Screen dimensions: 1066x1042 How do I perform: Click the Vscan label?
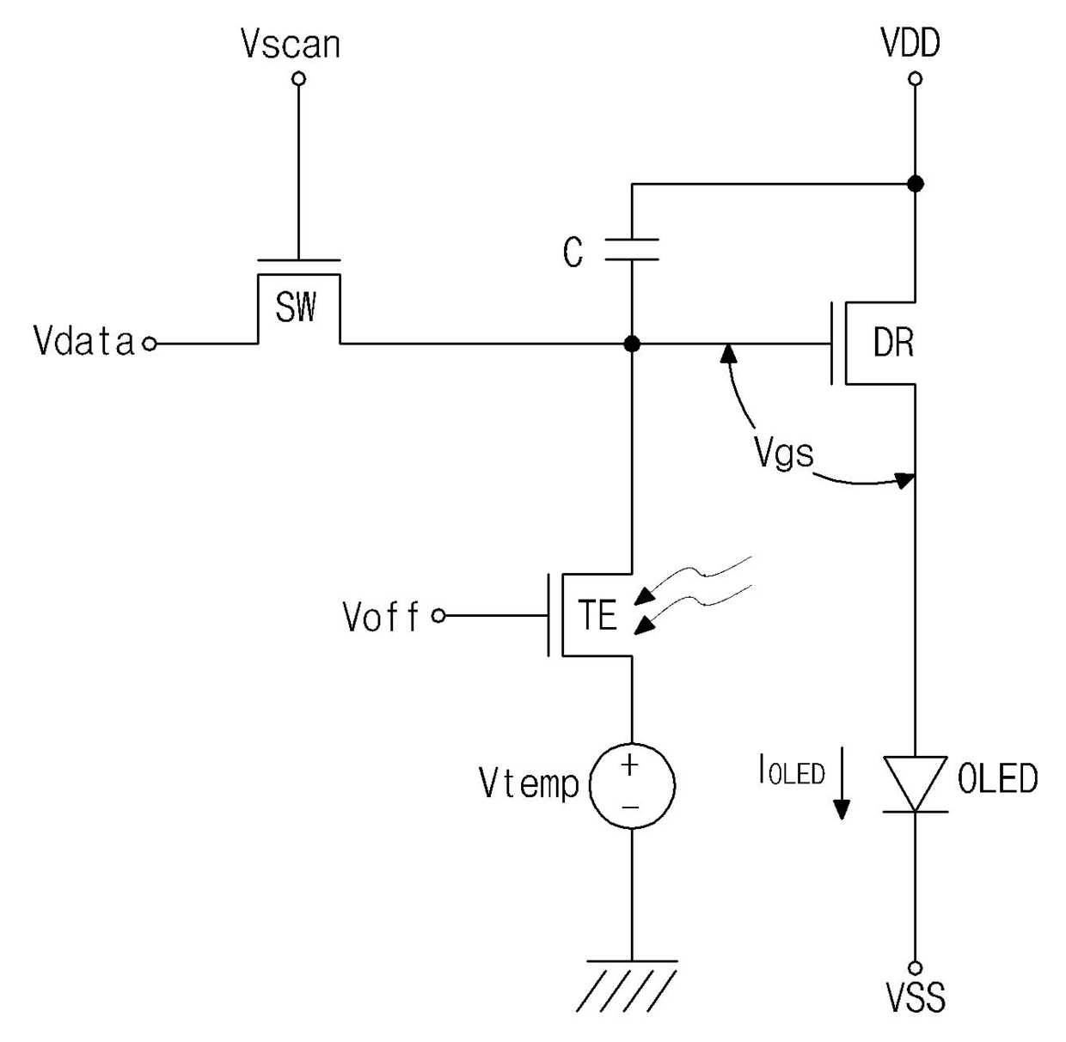[291, 44]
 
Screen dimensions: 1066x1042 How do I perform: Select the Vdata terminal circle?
[150, 344]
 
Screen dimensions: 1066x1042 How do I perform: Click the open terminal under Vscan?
[298, 79]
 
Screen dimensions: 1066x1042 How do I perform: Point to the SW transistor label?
[296, 307]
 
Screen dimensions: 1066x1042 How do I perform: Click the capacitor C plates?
[632, 249]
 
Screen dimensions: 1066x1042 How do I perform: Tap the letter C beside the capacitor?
[573, 253]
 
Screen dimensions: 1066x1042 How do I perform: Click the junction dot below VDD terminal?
[916, 183]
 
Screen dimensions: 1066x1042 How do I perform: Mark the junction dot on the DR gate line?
[632, 344]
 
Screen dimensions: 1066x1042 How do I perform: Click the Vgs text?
[784, 453]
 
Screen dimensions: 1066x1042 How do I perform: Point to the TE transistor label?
[597, 614]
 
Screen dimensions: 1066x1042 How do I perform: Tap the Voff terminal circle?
[438, 616]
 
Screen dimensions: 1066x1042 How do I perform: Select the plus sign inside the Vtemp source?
[630, 765]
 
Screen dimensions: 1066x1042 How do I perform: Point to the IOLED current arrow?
[842, 783]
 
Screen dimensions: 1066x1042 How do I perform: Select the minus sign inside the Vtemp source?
[630, 807]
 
